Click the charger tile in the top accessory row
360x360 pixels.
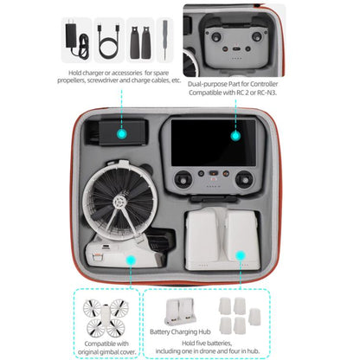point(74,38)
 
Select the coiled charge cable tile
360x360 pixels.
point(108,38)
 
